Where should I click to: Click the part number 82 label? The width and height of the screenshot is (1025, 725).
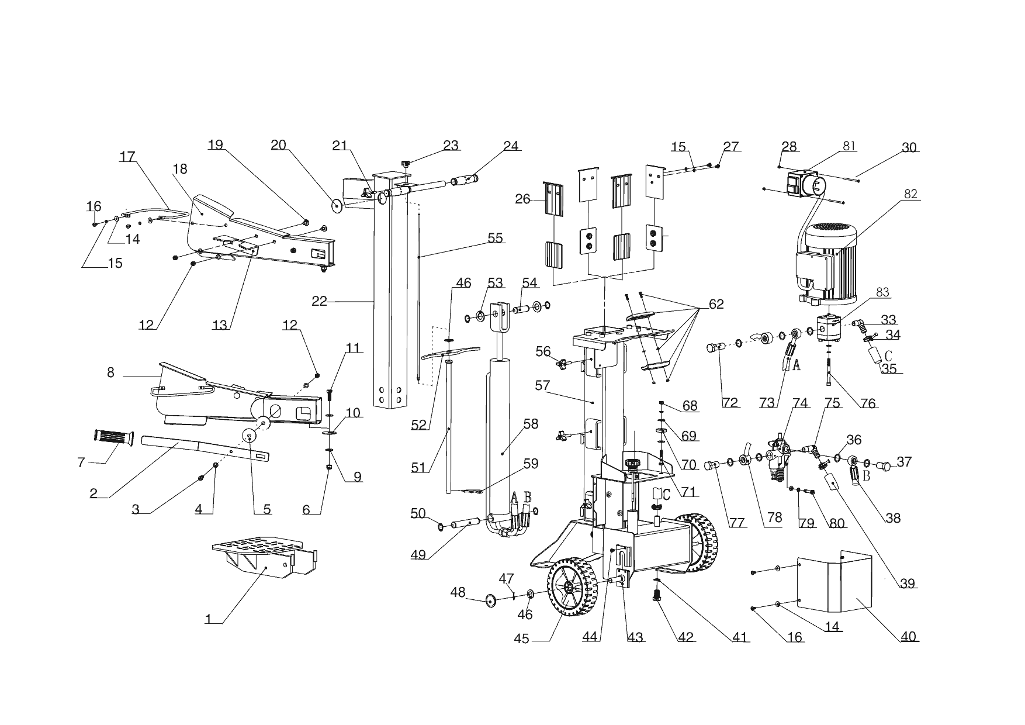910,194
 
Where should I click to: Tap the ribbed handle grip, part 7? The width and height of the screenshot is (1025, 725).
113,437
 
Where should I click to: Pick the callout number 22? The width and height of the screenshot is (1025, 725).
320,301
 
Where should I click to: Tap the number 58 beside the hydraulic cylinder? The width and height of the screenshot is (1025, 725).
531,424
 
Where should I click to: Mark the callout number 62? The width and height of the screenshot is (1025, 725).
716,304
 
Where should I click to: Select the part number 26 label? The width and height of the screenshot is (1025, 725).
522,199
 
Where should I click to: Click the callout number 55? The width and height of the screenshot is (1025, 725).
495,238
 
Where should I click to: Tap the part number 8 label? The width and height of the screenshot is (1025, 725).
110,372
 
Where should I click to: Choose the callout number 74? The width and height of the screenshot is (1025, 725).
800,403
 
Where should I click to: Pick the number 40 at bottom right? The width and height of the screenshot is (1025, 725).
908,636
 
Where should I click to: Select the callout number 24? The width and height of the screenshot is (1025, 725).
511,146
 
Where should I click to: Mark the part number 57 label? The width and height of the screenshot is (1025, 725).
543,385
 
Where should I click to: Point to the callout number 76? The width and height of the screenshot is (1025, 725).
868,403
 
